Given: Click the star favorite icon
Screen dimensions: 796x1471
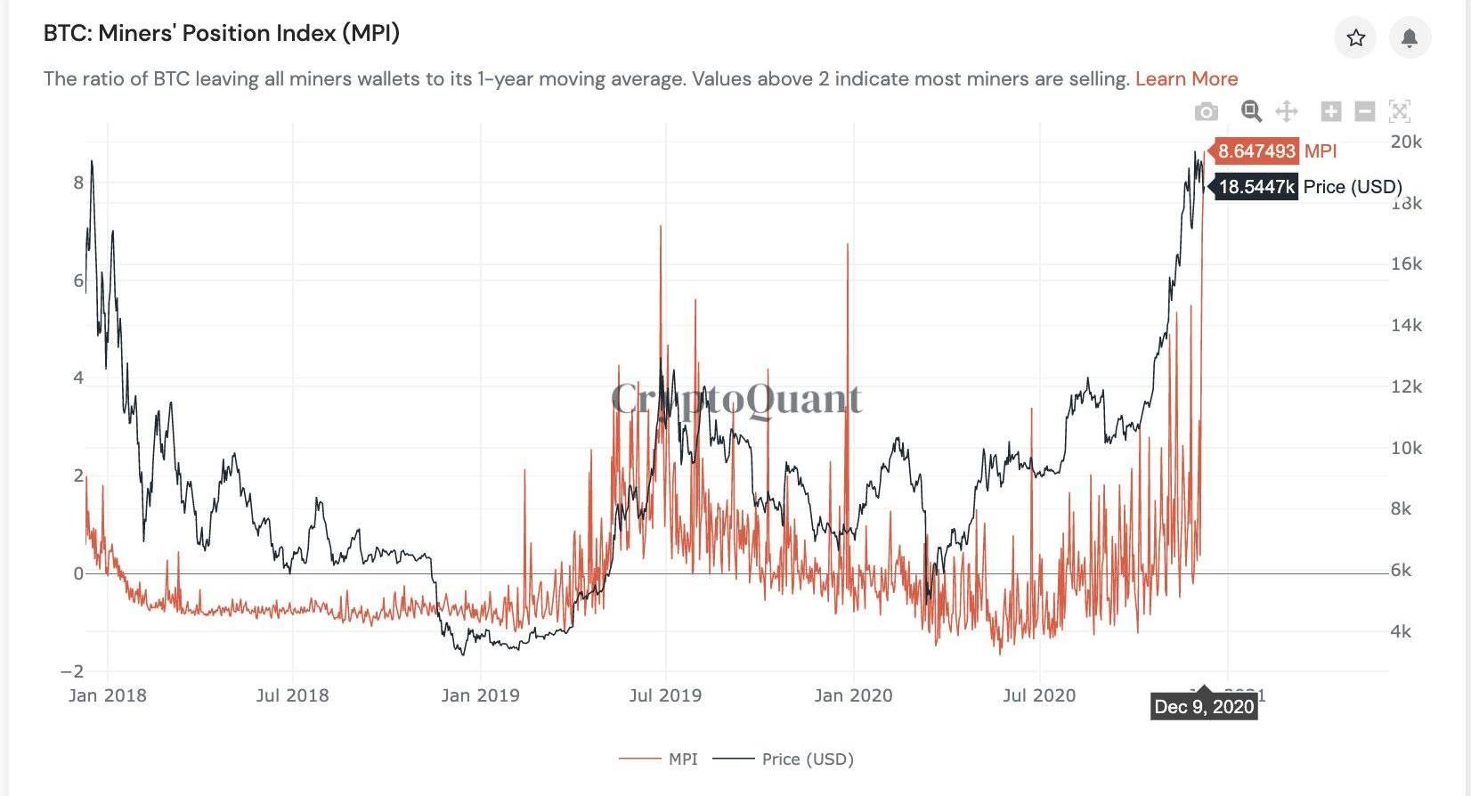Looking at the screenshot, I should coord(1355,37).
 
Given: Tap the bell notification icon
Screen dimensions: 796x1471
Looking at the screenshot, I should coord(1410,37).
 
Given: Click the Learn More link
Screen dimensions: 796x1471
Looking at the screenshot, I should coord(1186,78).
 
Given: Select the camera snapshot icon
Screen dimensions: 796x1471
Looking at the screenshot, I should coord(1207,111).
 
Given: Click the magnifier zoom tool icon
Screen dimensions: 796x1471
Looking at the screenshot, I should coord(1251,111).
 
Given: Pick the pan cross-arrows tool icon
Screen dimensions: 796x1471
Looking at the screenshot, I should coord(1287,111).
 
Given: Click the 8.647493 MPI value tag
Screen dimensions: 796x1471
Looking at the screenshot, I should coord(1256,151).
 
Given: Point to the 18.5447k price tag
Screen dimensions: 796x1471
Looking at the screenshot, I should coord(1256,187).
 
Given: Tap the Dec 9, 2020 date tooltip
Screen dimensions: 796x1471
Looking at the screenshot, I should coord(1204,707).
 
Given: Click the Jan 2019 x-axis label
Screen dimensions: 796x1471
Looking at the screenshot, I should coord(480,695).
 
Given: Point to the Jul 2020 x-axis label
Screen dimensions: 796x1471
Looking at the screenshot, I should coord(1039,695).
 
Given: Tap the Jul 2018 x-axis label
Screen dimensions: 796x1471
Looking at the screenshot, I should coord(292,695).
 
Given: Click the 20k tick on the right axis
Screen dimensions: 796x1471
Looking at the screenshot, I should coord(1406,142).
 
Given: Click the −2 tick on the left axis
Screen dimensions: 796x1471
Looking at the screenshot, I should coord(72,671).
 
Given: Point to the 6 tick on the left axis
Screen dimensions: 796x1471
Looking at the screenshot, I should coord(78,280).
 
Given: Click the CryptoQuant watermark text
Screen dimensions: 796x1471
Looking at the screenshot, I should coord(736,398).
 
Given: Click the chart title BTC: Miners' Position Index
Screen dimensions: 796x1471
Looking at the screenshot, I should coord(222,34).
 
